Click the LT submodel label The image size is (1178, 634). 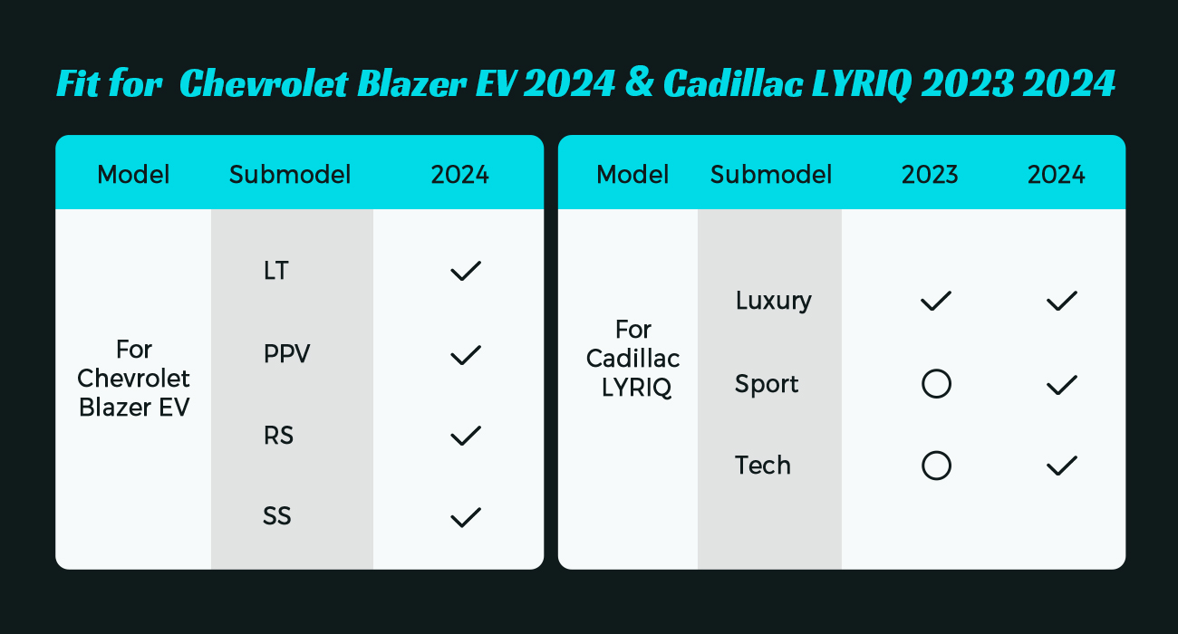click(276, 271)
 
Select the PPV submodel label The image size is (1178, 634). click(286, 353)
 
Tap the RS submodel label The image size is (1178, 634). click(278, 436)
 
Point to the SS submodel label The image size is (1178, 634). click(277, 516)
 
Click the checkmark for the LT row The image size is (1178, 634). click(466, 271)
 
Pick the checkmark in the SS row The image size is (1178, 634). click(466, 517)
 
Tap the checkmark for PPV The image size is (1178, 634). click(466, 355)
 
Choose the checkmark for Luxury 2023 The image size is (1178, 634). click(935, 301)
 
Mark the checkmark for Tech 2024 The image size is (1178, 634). click(1062, 466)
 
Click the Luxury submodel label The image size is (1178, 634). click(774, 301)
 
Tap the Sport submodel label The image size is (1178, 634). click(767, 384)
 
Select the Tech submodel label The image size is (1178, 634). click(763, 466)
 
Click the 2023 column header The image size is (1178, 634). click(930, 175)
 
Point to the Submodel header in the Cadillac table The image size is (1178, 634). click(771, 175)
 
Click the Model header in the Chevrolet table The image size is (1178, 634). click(133, 175)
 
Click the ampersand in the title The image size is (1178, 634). click(639, 83)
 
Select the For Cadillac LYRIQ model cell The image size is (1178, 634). click(633, 359)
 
